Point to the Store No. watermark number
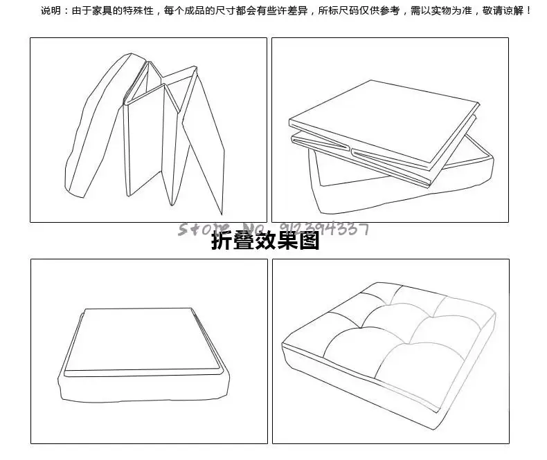pos(324,228)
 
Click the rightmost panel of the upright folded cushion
pos(205,145)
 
